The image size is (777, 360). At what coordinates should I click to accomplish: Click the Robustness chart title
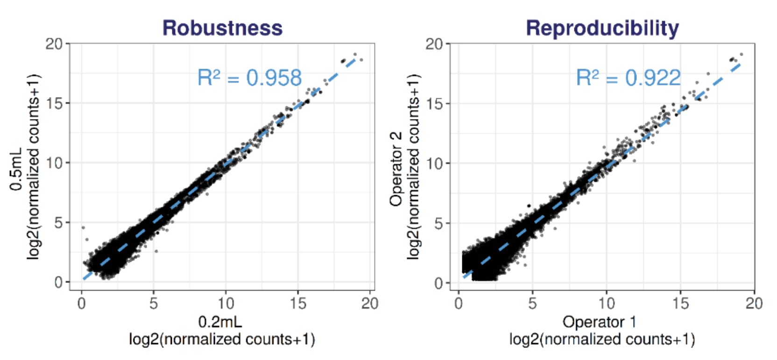(x=222, y=28)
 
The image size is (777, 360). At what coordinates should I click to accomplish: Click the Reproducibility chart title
(x=602, y=28)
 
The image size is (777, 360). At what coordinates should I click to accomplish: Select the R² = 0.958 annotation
(x=249, y=78)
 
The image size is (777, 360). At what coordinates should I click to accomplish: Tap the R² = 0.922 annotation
(x=628, y=78)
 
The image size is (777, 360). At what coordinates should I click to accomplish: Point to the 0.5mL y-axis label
(x=16, y=169)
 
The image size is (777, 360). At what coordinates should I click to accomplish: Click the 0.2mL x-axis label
(x=220, y=322)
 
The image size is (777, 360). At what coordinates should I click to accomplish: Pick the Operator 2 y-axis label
(x=396, y=169)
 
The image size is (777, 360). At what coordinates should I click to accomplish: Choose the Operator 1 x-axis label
(x=599, y=322)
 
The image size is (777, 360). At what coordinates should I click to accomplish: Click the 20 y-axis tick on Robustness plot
(x=54, y=44)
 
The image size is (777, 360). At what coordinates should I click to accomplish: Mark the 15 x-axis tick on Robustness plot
(x=298, y=304)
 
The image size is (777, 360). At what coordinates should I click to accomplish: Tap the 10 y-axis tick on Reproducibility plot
(x=434, y=163)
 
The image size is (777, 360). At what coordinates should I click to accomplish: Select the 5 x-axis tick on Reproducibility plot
(x=532, y=304)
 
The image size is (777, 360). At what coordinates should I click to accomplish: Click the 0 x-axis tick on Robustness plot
(x=82, y=304)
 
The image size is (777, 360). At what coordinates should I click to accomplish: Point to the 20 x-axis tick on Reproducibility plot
(x=754, y=304)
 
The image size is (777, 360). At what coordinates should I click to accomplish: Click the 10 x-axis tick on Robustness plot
(x=226, y=304)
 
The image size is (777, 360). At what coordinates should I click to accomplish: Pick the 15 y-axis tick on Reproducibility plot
(x=434, y=104)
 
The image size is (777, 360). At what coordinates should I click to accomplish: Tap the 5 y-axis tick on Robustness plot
(x=58, y=223)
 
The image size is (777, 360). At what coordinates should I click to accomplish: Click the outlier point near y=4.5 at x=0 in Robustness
(x=83, y=228)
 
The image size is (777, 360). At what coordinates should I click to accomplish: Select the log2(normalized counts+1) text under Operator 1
(x=602, y=339)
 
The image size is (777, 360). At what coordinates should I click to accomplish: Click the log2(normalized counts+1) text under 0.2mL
(x=222, y=339)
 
